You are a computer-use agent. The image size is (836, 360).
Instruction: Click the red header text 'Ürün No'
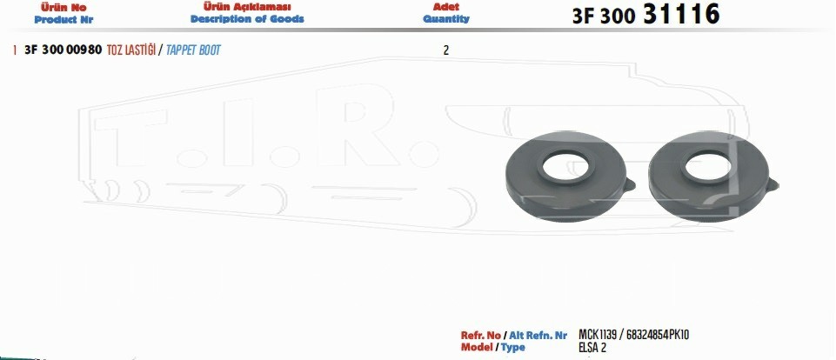pyautogui.click(x=64, y=8)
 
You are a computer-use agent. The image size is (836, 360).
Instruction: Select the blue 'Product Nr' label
pyautogui.click(x=64, y=20)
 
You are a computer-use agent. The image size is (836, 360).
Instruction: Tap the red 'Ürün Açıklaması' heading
pyautogui.click(x=247, y=7)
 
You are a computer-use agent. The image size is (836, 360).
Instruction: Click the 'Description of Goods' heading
pyautogui.click(x=247, y=19)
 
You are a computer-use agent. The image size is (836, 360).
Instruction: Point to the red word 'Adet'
pyautogui.click(x=446, y=7)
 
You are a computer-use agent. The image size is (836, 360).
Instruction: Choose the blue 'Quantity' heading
pyautogui.click(x=446, y=18)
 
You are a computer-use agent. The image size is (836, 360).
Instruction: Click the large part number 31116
pyautogui.click(x=681, y=14)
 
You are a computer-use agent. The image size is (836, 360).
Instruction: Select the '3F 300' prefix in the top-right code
pyautogui.click(x=604, y=17)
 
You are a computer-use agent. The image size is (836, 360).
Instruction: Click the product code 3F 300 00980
pyautogui.click(x=64, y=50)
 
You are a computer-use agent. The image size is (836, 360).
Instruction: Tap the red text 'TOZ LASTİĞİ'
pyautogui.click(x=131, y=50)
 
